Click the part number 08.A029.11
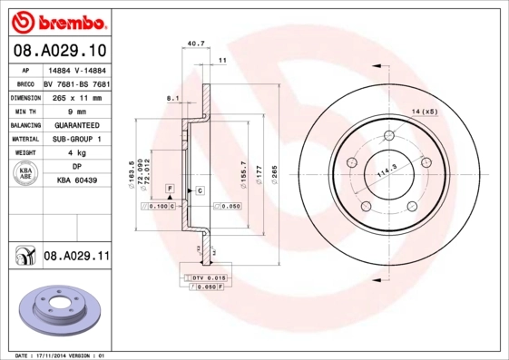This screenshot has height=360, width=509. [x=75, y=258]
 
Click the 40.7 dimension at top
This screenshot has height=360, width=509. [x=193, y=43]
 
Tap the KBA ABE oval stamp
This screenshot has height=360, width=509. [x=26, y=174]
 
